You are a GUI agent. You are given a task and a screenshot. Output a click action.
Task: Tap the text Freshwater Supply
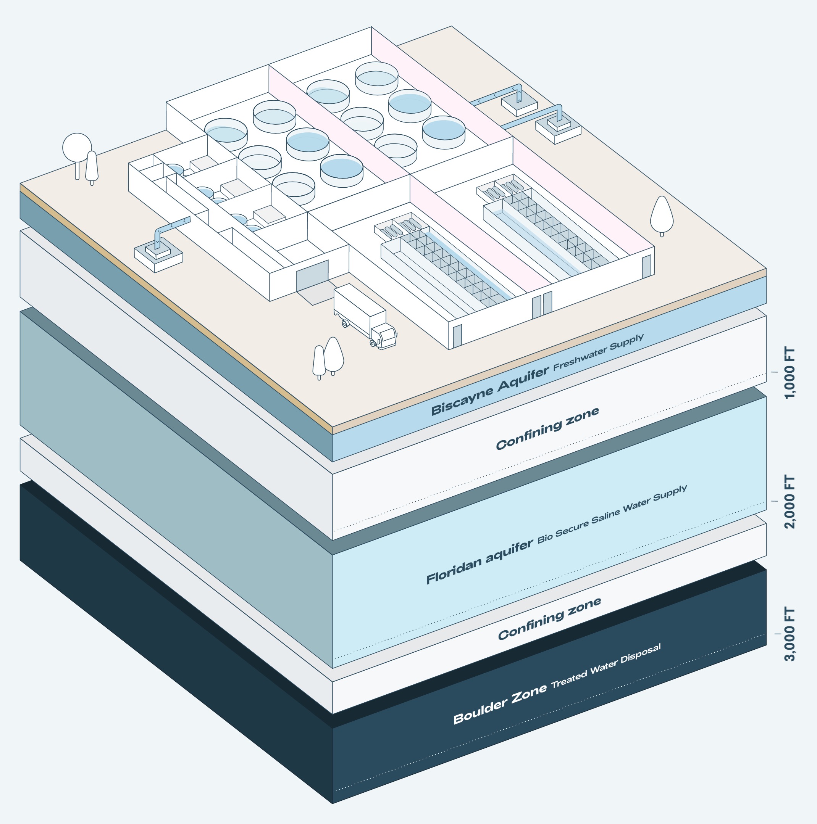pyautogui.click(x=599, y=352)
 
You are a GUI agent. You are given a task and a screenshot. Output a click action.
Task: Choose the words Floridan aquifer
pyautogui.click(x=480, y=563)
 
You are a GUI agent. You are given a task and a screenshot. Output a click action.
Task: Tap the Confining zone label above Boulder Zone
pyautogui.click(x=549, y=618)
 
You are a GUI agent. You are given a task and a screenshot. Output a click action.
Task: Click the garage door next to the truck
pyautogui.click(x=312, y=275)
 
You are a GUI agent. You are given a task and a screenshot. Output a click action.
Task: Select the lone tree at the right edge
pyautogui.click(x=661, y=215)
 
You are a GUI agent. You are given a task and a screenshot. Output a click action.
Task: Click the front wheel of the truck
pyautogui.click(x=373, y=343)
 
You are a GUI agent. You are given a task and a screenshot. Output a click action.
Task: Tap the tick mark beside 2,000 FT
pyautogui.click(x=774, y=501)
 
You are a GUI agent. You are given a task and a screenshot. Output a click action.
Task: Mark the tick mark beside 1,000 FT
pyautogui.click(x=774, y=372)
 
